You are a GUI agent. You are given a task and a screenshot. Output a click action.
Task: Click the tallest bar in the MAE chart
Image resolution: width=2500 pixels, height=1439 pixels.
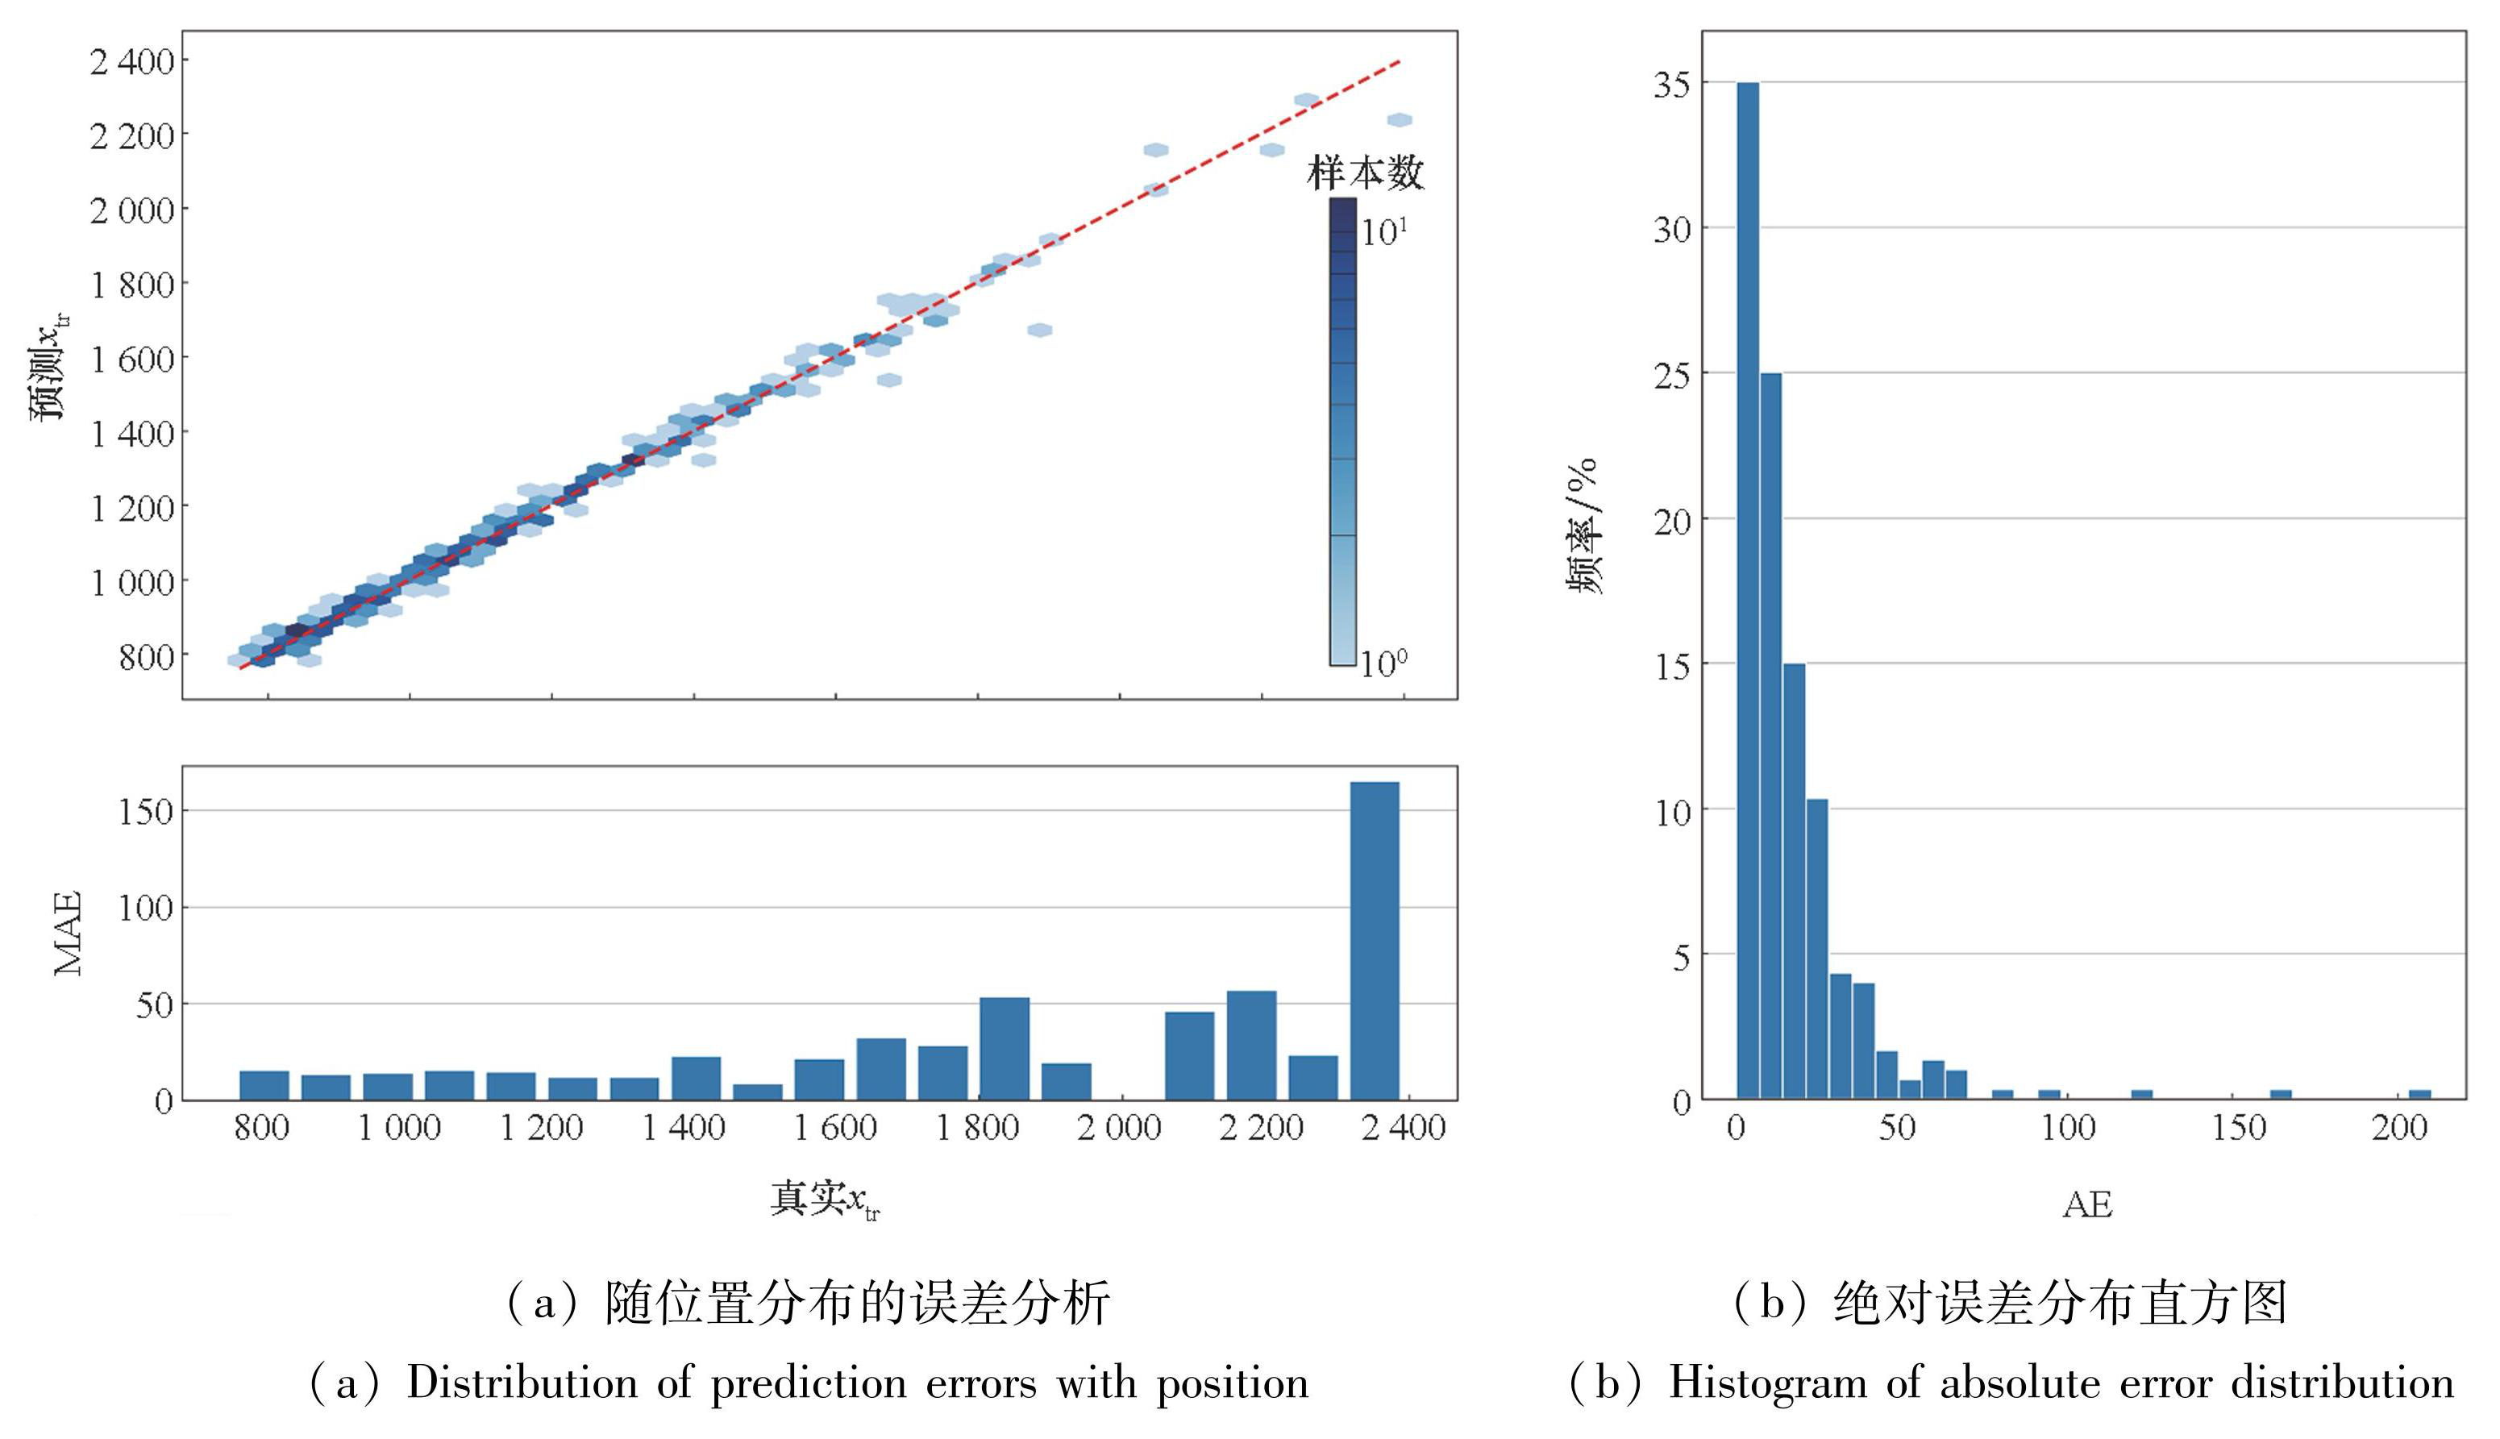pyautogui.click(x=1375, y=940)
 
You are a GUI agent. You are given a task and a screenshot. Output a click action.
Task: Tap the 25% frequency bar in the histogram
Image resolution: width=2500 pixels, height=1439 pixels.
pyautogui.click(x=1770, y=735)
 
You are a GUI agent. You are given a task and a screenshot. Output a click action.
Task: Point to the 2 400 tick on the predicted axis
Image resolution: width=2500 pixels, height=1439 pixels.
pyautogui.click(x=132, y=61)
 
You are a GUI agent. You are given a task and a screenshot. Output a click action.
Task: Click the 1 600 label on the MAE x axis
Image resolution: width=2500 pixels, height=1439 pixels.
pyautogui.click(x=836, y=1128)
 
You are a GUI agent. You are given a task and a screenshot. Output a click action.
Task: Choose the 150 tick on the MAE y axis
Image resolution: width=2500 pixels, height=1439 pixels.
pyautogui.click(x=145, y=812)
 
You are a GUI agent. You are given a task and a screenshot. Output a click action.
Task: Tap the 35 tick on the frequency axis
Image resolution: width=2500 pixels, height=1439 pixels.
pyautogui.click(x=1672, y=85)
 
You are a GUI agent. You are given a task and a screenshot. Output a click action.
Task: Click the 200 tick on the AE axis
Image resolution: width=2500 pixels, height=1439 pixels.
pyautogui.click(x=2399, y=1128)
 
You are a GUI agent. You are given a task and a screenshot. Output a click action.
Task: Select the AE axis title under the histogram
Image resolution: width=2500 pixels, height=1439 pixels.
pyautogui.click(x=2087, y=1204)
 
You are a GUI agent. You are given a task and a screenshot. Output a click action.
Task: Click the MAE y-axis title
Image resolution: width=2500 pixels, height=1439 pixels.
pyautogui.click(x=67, y=934)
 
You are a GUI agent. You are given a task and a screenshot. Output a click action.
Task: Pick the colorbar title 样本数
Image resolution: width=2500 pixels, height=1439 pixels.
pyautogui.click(x=1365, y=173)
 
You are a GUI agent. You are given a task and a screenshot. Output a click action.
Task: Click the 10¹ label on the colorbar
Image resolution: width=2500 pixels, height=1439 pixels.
pyautogui.click(x=1383, y=232)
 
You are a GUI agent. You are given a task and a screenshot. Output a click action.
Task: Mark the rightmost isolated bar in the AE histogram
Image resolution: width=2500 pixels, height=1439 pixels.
pyautogui.click(x=2419, y=1094)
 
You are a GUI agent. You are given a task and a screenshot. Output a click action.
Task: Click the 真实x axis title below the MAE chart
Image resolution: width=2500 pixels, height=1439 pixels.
pyautogui.click(x=824, y=1200)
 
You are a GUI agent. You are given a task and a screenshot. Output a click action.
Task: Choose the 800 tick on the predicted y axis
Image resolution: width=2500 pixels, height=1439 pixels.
pyautogui.click(x=146, y=657)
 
